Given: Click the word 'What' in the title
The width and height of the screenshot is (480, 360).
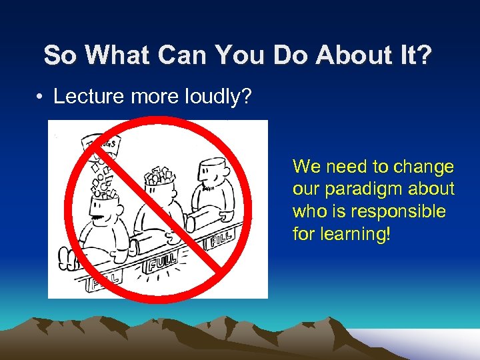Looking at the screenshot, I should [111, 55].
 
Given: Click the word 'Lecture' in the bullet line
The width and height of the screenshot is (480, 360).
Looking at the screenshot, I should [84, 97].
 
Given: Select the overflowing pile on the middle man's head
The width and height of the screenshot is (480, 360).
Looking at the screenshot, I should [159, 175].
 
